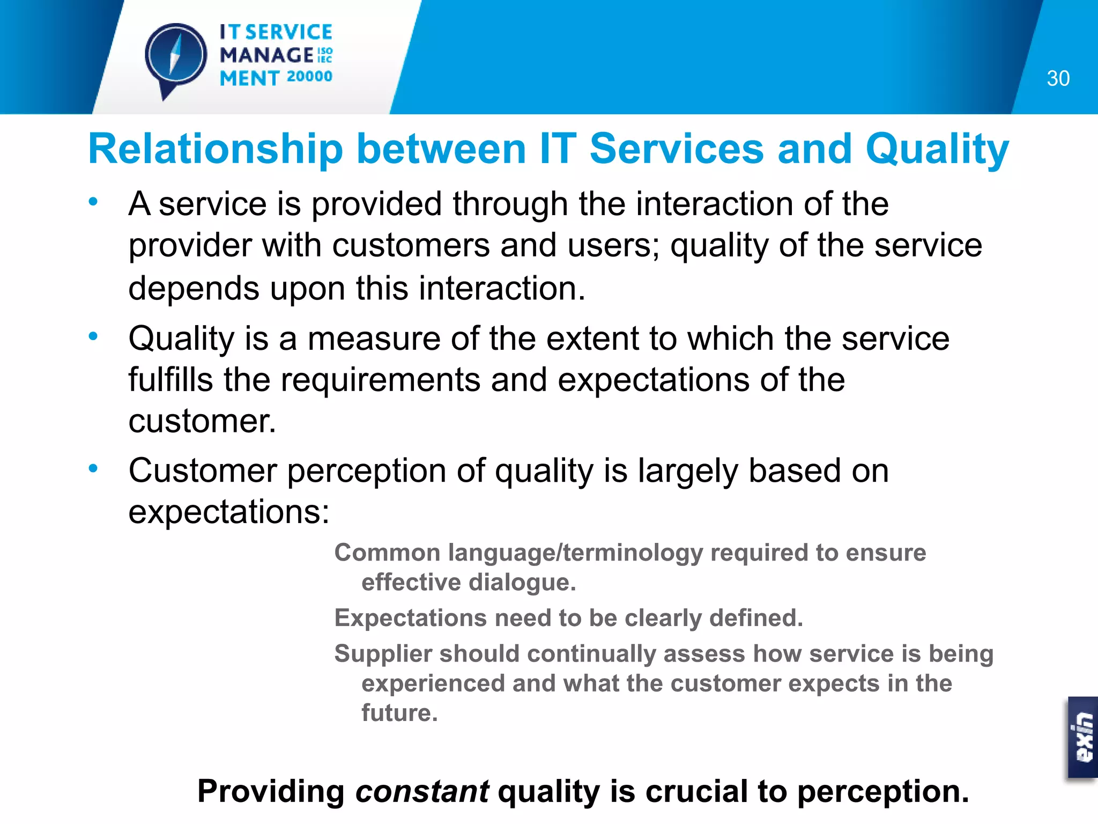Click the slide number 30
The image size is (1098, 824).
(x=1058, y=78)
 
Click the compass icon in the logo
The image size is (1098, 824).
(x=175, y=56)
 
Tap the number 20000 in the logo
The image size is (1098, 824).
(x=309, y=77)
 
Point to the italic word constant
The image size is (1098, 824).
(x=422, y=791)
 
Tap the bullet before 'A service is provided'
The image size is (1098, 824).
(x=93, y=202)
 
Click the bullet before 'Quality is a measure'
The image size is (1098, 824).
(x=93, y=336)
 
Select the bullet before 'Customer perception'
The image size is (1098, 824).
(x=93, y=468)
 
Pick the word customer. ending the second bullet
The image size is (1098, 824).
(x=202, y=421)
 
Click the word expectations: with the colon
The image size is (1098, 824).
(x=229, y=512)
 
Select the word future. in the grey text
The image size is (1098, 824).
(x=399, y=712)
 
